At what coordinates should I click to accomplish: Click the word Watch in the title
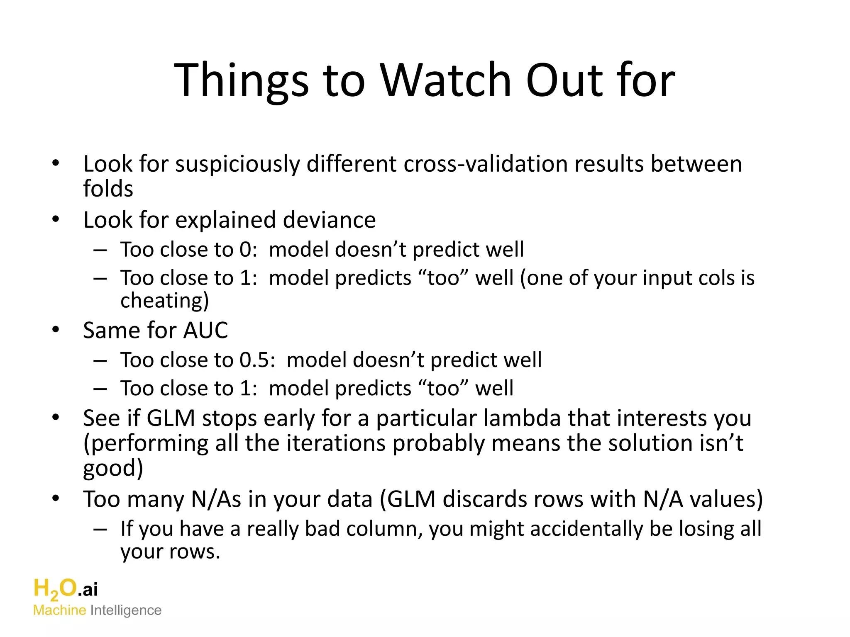(x=446, y=80)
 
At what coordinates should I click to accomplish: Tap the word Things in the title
(x=241, y=80)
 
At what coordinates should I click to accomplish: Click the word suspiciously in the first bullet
(x=237, y=164)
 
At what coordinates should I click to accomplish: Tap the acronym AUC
(x=205, y=331)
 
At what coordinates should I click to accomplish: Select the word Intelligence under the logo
(x=126, y=610)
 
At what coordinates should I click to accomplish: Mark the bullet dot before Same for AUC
(x=56, y=330)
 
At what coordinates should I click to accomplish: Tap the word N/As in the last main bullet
(x=216, y=499)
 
